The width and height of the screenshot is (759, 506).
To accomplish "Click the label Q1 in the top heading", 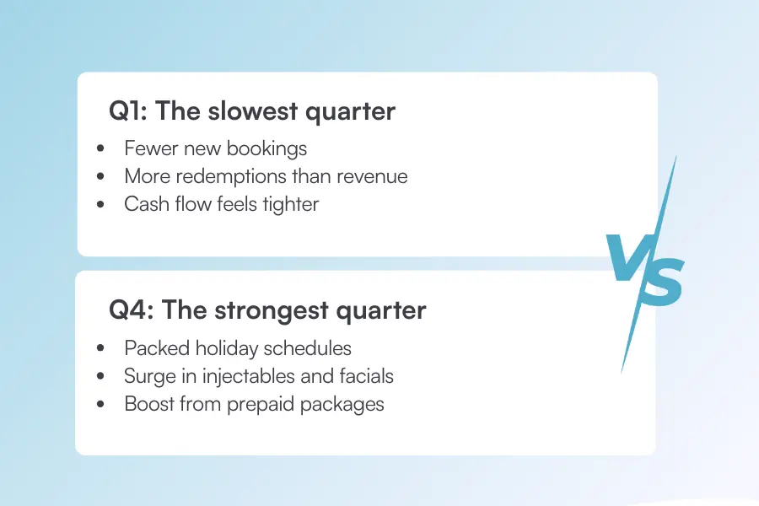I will (126, 111).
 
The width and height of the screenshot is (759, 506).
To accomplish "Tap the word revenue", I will (372, 177).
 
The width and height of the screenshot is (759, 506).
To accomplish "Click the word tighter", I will (288, 204).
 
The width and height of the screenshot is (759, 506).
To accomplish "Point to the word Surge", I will (149, 376).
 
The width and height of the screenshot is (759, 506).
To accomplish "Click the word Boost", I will (149, 404).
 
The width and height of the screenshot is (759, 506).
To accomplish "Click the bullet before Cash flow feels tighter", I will (102, 205).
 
